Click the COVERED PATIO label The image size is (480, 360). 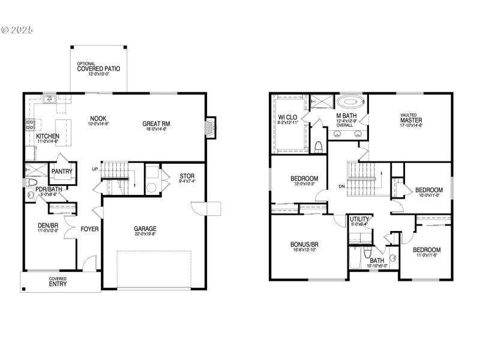(x=98, y=69)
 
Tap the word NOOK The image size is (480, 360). (x=98, y=118)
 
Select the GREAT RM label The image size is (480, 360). (x=154, y=124)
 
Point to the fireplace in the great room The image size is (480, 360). (x=209, y=127)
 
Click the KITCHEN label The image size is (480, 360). (x=47, y=137)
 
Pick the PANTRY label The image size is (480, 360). (x=62, y=172)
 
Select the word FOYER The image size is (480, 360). (x=89, y=229)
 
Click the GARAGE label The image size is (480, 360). (x=145, y=229)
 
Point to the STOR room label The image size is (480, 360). (x=187, y=176)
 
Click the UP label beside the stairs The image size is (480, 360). (x=95, y=169)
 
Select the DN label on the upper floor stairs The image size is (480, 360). (x=341, y=187)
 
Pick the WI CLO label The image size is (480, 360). (x=288, y=117)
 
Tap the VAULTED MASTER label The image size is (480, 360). (x=412, y=120)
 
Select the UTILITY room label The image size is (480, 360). (x=359, y=220)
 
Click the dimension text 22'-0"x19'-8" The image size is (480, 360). (x=145, y=235)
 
